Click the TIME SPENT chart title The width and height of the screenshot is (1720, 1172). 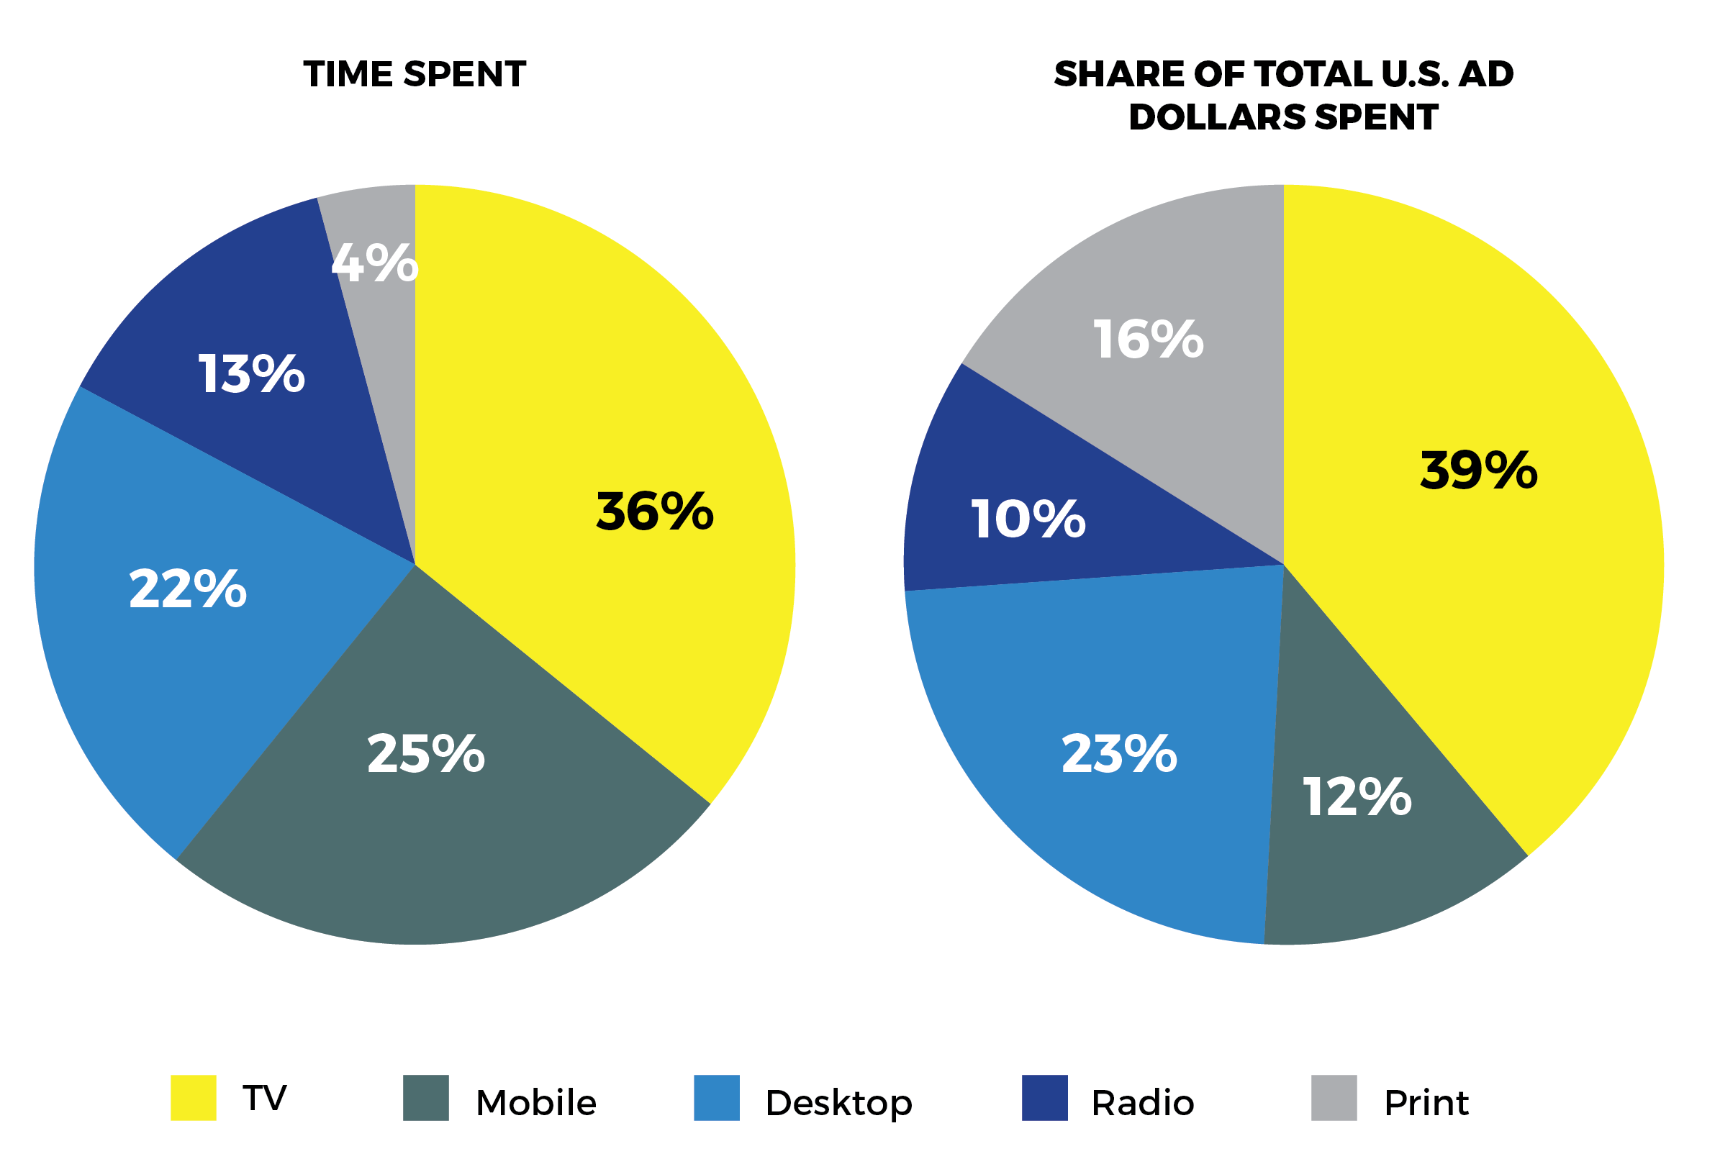click(415, 75)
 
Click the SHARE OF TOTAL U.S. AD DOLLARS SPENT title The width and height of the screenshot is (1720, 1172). click(1283, 96)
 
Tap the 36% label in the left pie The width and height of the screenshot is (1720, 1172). click(654, 512)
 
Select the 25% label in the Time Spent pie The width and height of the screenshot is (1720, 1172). click(425, 754)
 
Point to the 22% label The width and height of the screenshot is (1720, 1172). click(187, 589)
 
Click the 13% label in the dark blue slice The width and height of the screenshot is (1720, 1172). click(251, 373)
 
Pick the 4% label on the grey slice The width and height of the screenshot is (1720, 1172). click(374, 263)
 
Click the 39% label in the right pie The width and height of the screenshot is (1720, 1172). click(1478, 471)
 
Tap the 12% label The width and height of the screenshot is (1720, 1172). click(1357, 797)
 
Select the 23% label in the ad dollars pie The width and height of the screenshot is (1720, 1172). click(1119, 754)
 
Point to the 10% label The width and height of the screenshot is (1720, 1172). click(1028, 519)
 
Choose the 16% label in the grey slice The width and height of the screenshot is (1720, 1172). click(1148, 340)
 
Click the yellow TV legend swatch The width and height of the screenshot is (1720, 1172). click(193, 1097)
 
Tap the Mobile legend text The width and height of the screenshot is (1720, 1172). click(536, 1102)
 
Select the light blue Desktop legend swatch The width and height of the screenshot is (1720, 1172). click(716, 1097)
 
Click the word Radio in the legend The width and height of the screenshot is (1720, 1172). click(1143, 1102)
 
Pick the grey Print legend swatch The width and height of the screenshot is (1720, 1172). click(1334, 1097)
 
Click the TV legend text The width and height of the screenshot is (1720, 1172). click(265, 1097)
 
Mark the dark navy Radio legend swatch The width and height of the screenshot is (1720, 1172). click(1044, 1097)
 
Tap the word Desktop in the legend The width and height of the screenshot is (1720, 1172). click(838, 1102)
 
